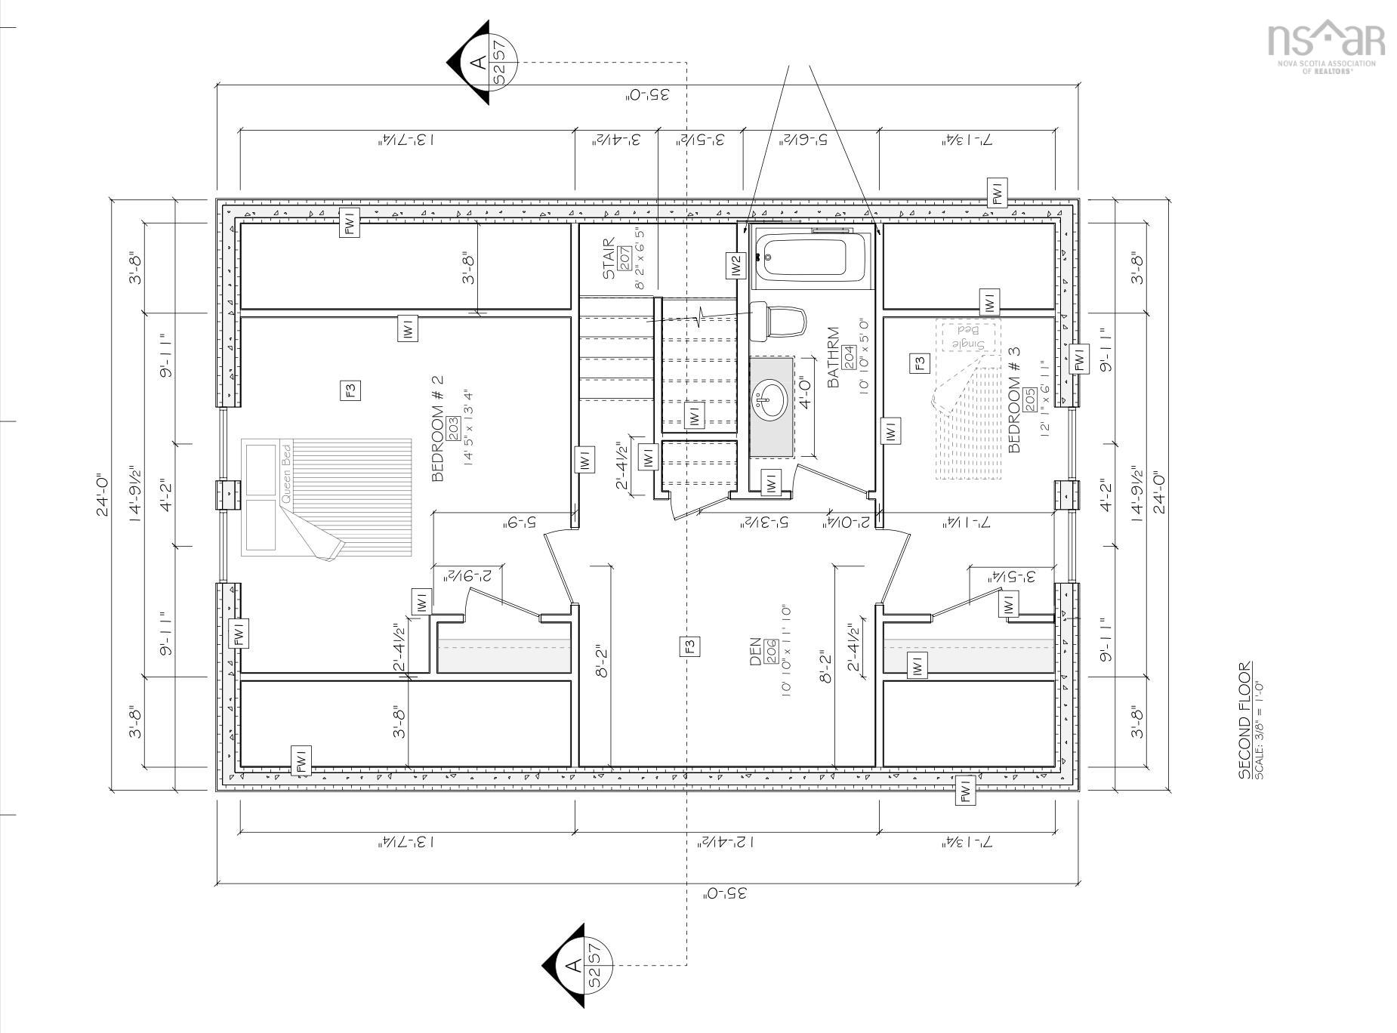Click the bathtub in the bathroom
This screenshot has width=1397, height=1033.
click(811, 257)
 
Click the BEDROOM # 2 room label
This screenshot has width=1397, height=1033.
click(437, 429)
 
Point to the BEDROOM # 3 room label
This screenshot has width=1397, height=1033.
click(1014, 399)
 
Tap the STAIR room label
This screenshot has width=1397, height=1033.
click(609, 259)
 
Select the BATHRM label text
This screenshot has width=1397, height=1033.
click(834, 357)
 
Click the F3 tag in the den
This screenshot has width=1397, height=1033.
click(689, 646)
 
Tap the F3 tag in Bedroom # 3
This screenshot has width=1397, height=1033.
click(920, 363)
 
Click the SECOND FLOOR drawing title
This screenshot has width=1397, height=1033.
click(1244, 720)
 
